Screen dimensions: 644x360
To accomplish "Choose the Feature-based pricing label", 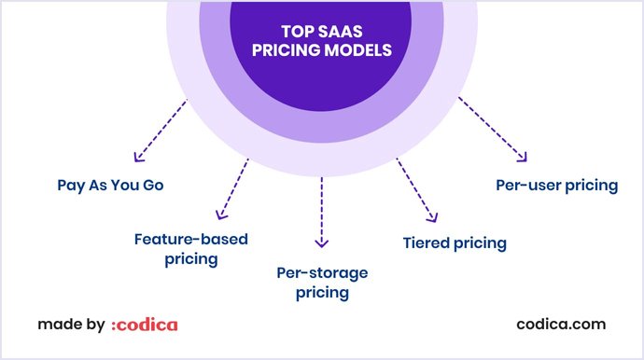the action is point(191,249).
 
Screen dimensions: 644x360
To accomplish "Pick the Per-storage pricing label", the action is point(322,282).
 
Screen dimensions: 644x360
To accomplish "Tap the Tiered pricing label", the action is point(454,242).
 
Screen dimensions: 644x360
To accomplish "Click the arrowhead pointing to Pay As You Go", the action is point(138,157).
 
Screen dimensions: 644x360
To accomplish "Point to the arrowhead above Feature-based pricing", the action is point(220,214).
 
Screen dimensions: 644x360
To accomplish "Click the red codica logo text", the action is point(144,325).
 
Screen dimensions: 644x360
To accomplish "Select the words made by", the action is point(71,325).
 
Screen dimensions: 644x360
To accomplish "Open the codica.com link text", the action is point(561,325).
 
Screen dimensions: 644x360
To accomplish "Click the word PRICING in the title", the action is point(289,49).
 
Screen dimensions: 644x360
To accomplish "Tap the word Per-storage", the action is point(322,272).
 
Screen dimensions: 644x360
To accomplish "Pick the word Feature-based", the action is point(191,240).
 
